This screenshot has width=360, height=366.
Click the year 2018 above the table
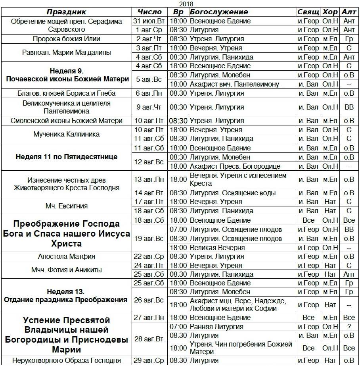tap(183, 4)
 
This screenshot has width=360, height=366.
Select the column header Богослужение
tap(219, 12)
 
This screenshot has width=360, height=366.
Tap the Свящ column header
tap(308, 12)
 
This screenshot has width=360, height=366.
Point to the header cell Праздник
tap(66, 12)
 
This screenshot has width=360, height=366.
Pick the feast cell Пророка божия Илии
tap(66, 39)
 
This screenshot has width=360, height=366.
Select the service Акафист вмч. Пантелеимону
tap(235, 84)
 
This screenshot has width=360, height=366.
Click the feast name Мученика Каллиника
tap(66, 134)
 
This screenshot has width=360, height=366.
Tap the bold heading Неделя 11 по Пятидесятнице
tap(66, 157)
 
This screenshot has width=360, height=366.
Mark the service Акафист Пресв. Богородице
tap(236, 166)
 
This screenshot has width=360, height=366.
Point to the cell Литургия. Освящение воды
tap(233, 193)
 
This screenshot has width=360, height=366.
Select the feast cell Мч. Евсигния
tap(66, 206)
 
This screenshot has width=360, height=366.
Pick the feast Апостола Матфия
tap(66, 256)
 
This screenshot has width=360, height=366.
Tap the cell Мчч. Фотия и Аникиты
tap(66, 270)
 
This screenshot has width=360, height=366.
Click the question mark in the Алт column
tap(349, 327)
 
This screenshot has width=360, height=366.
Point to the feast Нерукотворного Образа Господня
tap(66, 360)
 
